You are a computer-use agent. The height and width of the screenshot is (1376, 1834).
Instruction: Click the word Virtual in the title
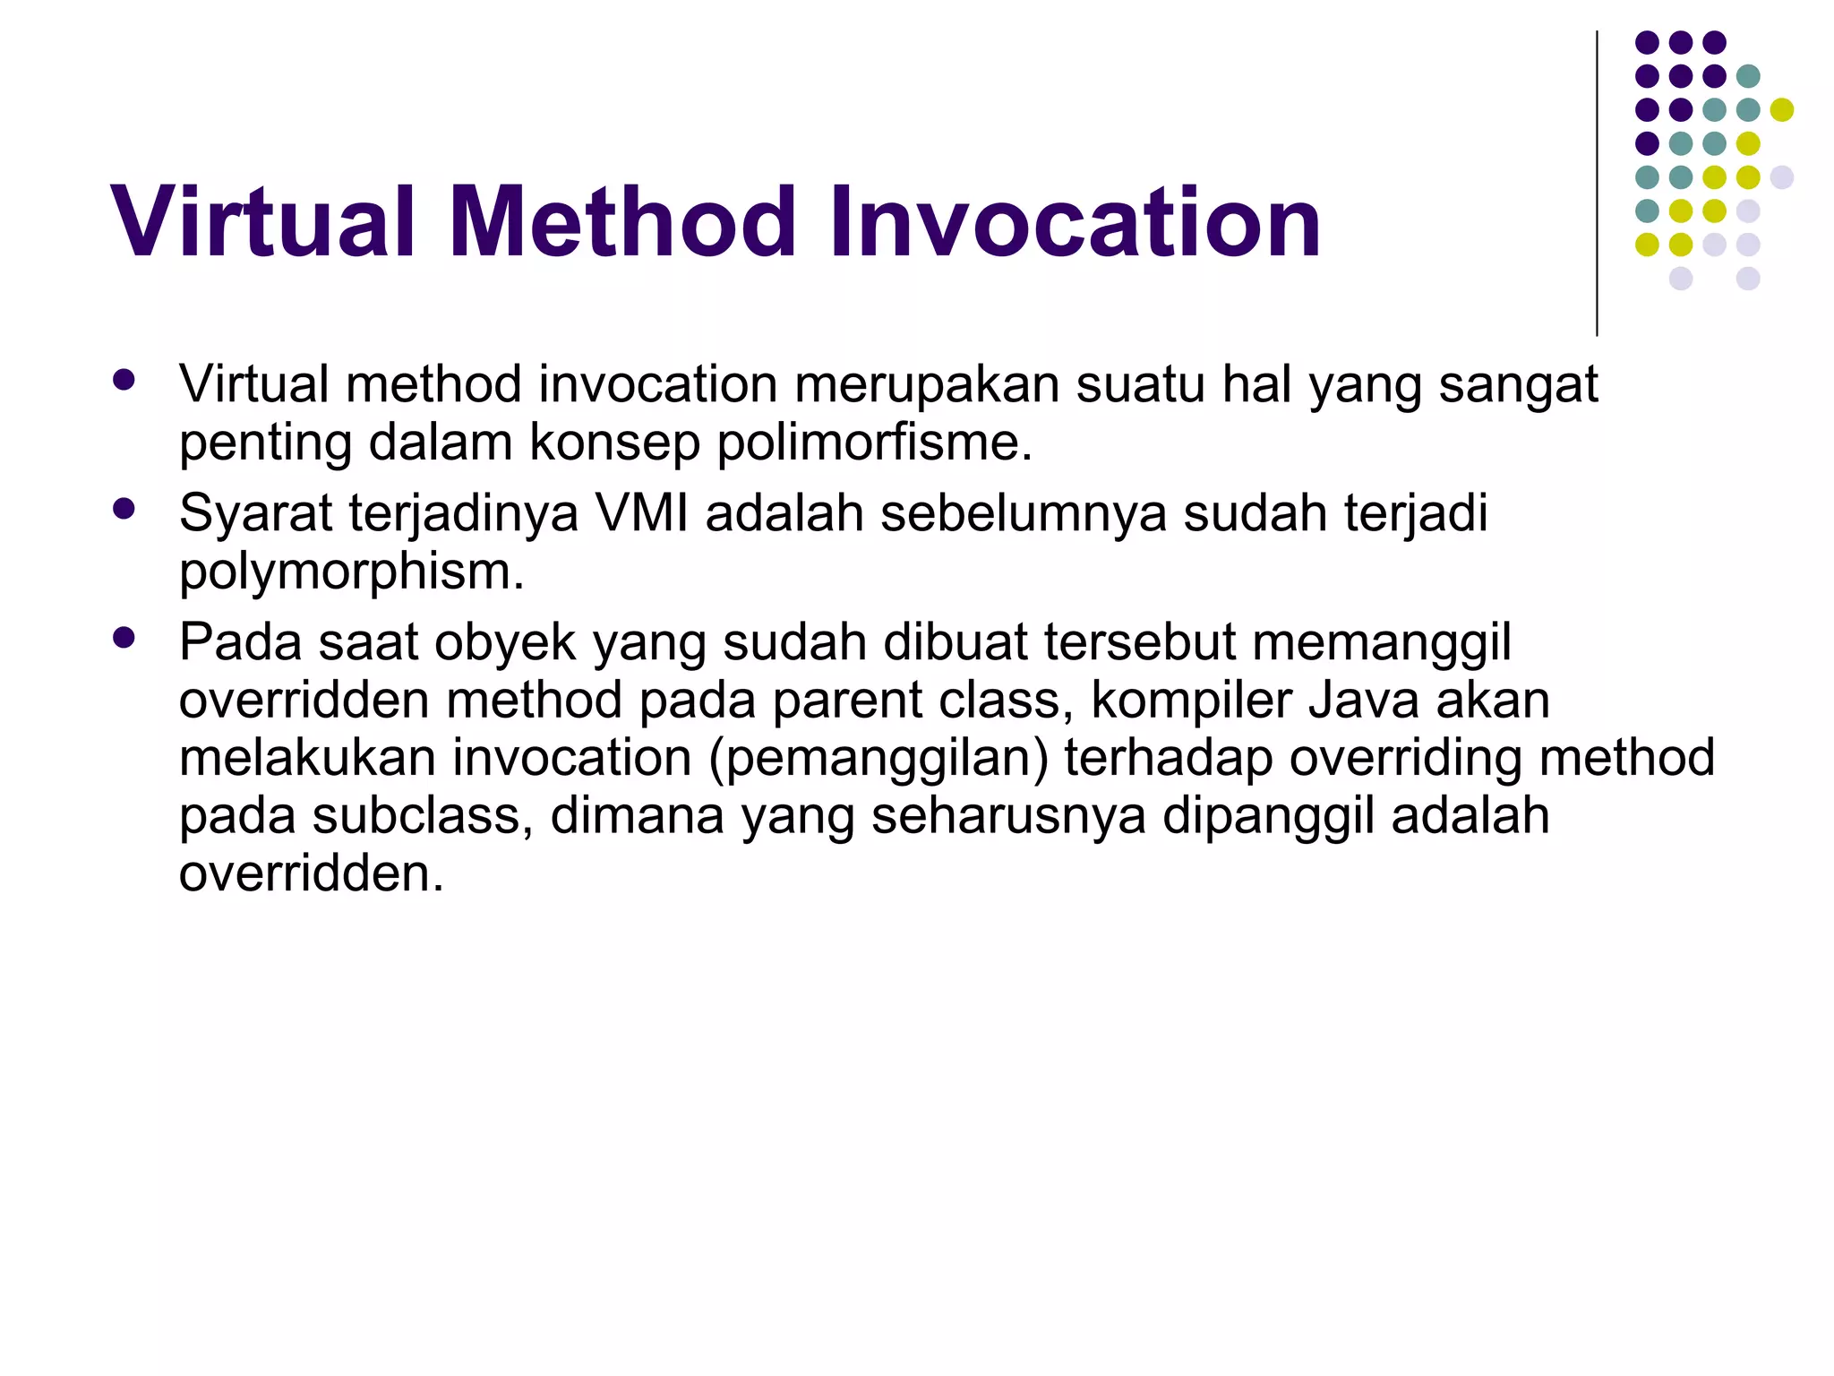(x=263, y=222)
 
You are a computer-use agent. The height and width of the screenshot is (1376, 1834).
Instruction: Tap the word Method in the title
(x=621, y=222)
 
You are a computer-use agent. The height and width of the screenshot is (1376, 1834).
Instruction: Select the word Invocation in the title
(x=1074, y=222)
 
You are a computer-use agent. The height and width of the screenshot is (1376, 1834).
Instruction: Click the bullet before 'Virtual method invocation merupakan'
(x=124, y=380)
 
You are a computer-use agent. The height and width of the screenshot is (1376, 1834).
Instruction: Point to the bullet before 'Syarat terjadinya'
(x=124, y=509)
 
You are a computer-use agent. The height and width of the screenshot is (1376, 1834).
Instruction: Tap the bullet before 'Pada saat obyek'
(x=124, y=638)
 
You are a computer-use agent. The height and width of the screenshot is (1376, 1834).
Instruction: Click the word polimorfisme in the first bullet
(x=874, y=442)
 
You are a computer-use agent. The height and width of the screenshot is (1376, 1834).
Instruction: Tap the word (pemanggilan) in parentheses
(x=878, y=758)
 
